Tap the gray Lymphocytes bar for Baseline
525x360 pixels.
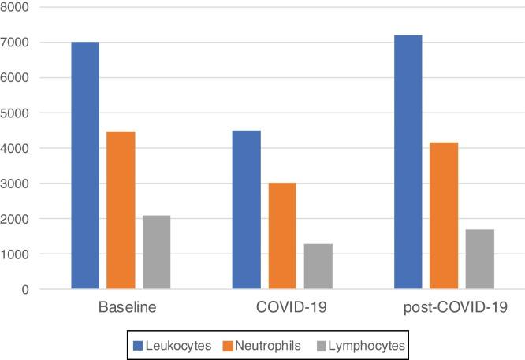156,252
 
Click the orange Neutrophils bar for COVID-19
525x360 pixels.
282,236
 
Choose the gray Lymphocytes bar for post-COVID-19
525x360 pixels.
479,259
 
